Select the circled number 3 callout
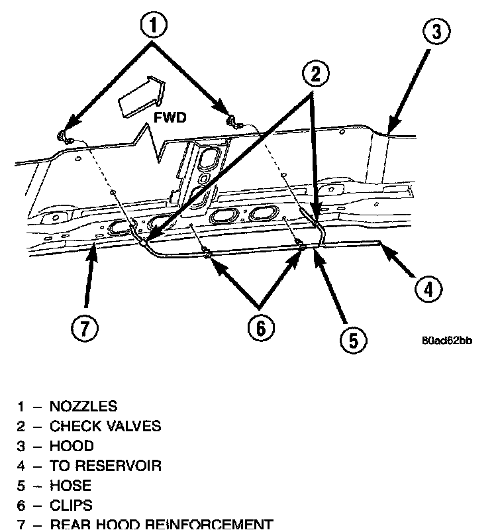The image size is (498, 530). click(x=436, y=31)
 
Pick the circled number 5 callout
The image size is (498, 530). click(x=352, y=340)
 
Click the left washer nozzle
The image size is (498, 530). click(x=63, y=136)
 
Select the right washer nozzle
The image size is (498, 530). click(x=232, y=120)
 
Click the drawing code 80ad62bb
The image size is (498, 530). click(x=447, y=342)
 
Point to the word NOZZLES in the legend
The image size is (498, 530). click(x=83, y=405)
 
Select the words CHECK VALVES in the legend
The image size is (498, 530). click(x=105, y=425)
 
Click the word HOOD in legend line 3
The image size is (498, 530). click(x=72, y=445)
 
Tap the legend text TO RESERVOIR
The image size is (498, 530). click(x=105, y=465)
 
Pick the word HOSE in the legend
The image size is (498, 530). click(x=70, y=485)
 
